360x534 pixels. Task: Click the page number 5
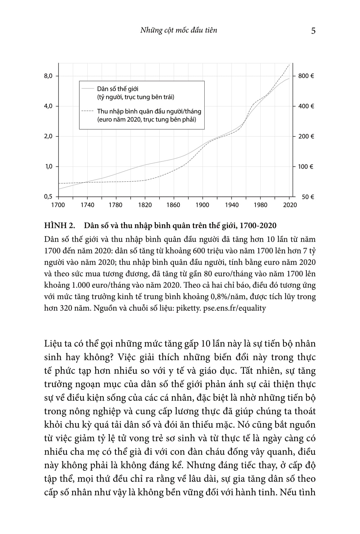[313, 31]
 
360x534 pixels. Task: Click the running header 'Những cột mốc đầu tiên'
[179, 30]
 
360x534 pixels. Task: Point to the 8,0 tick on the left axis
[48, 76]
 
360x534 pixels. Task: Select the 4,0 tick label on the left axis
[48, 106]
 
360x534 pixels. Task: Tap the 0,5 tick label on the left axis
[48, 197]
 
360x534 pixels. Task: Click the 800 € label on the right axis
[306, 76]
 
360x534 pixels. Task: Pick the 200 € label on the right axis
[306, 136]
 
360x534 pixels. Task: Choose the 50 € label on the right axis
[308, 197]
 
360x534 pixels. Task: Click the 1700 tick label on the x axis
[58, 205]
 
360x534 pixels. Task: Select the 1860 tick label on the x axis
[173, 205]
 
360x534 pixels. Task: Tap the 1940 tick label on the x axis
[231, 205]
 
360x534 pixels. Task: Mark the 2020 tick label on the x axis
[290, 205]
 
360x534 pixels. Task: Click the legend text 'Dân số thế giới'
[118, 89]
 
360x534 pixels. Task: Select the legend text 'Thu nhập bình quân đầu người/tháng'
[149, 111]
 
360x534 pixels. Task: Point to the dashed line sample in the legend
[87, 111]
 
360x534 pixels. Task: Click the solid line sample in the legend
[87, 88]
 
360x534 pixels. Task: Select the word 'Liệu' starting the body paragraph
[53, 344]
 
